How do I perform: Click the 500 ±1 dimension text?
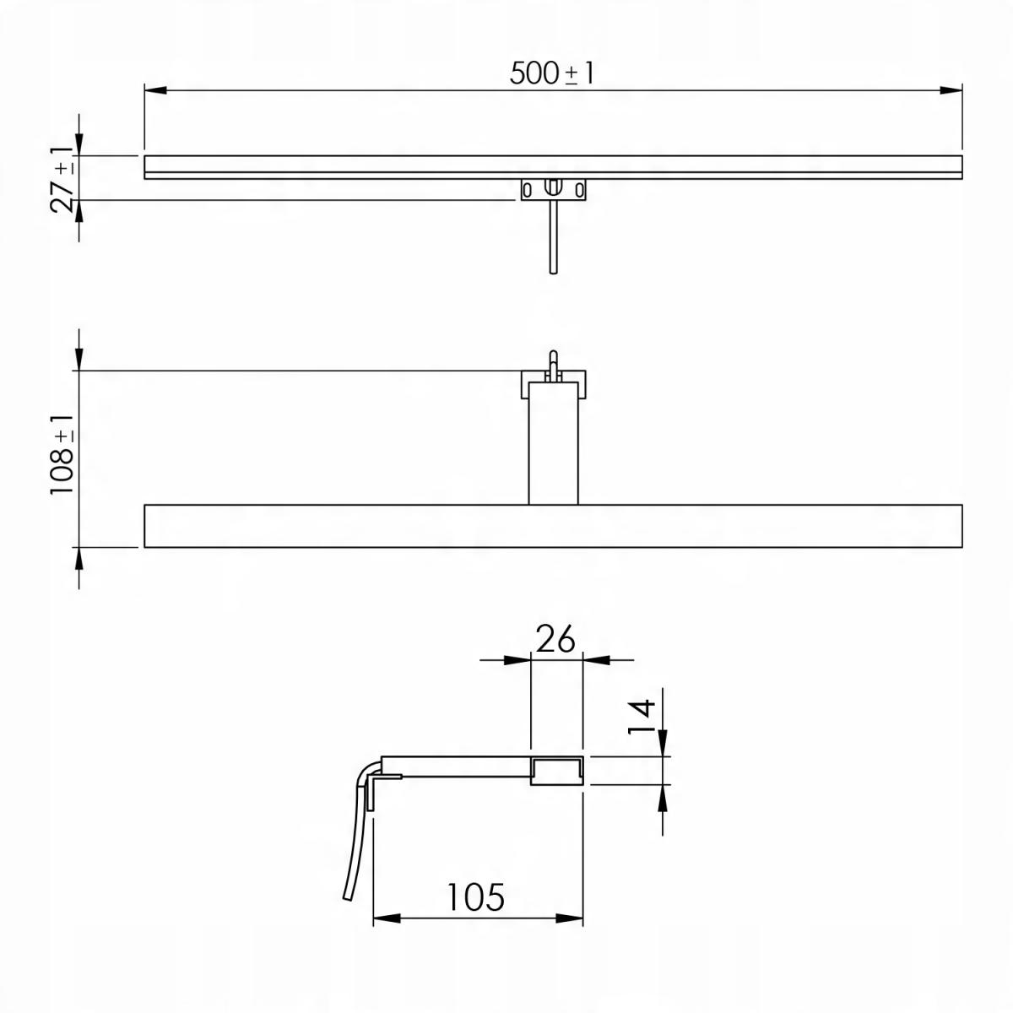(x=552, y=73)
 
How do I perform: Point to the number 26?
(x=555, y=639)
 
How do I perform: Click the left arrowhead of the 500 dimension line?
(x=155, y=89)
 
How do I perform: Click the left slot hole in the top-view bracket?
(x=527, y=189)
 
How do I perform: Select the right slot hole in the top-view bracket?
(x=579, y=189)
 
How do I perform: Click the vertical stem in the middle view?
(x=553, y=443)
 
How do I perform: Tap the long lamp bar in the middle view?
(x=553, y=526)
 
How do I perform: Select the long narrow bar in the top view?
(x=553, y=166)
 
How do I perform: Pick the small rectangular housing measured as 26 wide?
(x=557, y=771)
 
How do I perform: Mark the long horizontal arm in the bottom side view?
(x=456, y=767)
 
